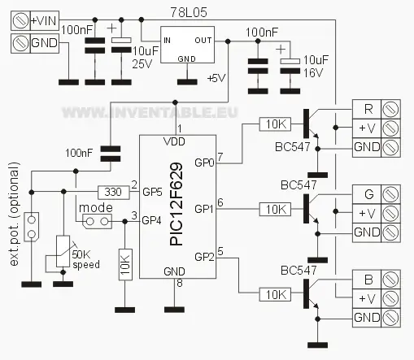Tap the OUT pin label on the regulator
204,40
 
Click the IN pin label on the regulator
167,40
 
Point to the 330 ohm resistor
113,193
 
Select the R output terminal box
368,109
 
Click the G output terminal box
368,194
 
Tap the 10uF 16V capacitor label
307,66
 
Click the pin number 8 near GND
179,284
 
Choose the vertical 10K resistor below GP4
124,265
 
